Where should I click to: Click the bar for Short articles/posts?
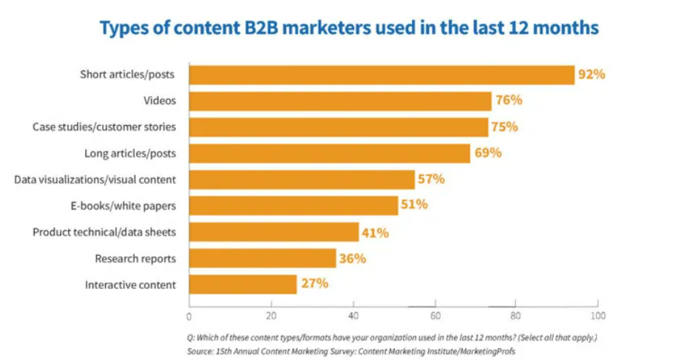coord(382,75)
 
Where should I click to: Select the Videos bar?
coord(340,101)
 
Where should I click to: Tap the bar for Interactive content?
coord(243,284)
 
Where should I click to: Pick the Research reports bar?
coord(262,258)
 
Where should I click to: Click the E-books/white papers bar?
coord(294,205)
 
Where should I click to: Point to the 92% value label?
coord(592,75)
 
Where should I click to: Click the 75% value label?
coord(505,126)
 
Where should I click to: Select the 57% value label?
coord(431,179)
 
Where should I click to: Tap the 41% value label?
coord(375,232)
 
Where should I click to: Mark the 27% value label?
coord(313,284)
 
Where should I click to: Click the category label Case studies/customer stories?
coord(104,126)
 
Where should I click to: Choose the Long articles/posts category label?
coord(129,153)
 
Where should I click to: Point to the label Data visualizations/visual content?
coord(95,179)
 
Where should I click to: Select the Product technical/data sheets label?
coord(104,232)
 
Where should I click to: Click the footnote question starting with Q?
coord(391,338)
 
